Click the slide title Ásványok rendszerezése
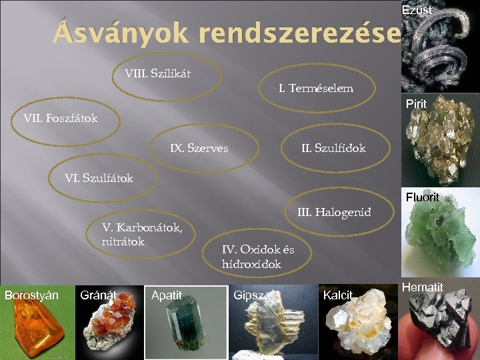pyautogui.click(x=227, y=33)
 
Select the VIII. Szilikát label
pyautogui.click(x=157, y=73)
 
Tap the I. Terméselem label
pyautogui.click(x=315, y=88)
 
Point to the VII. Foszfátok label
pyautogui.click(x=60, y=119)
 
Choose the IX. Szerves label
pyautogui.click(x=199, y=148)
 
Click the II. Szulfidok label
pyautogui.click(x=333, y=148)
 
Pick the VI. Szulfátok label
pyautogui.click(x=98, y=178)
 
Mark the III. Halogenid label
pyautogui.click(x=333, y=213)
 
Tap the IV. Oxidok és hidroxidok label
pyautogui.click(x=257, y=257)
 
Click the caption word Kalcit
pyautogui.click(x=337, y=295)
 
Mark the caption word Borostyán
pyautogui.click(x=31, y=295)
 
